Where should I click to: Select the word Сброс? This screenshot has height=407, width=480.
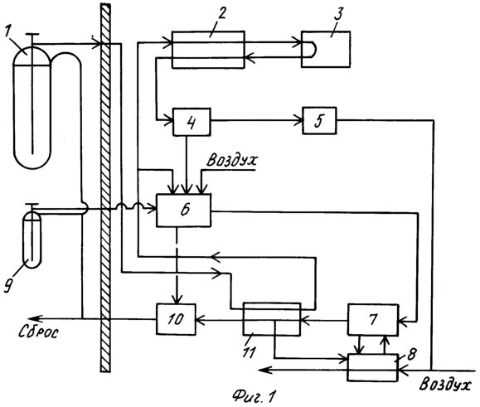[38, 332]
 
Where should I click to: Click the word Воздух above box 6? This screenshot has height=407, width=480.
[232, 160]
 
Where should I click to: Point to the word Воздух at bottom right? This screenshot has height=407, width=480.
[445, 384]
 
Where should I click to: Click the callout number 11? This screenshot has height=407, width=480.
[249, 352]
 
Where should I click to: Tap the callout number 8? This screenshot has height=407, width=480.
[412, 354]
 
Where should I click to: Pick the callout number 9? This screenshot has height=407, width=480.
[8, 286]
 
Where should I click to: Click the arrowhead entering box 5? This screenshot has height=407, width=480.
[298, 120]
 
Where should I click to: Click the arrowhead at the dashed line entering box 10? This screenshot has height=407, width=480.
[177, 299]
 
